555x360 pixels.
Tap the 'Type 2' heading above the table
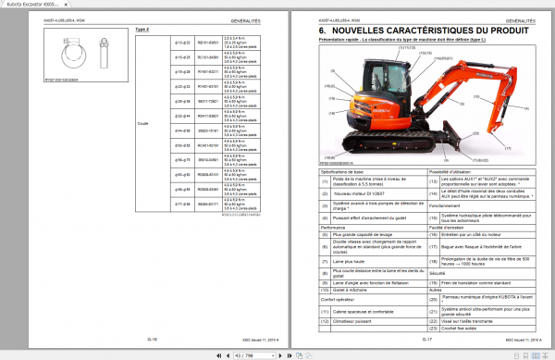pyautogui.click(x=142, y=29)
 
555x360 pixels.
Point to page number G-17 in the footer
pyautogui.click(x=426, y=339)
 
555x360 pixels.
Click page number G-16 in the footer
pyautogui.click(x=152, y=339)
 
